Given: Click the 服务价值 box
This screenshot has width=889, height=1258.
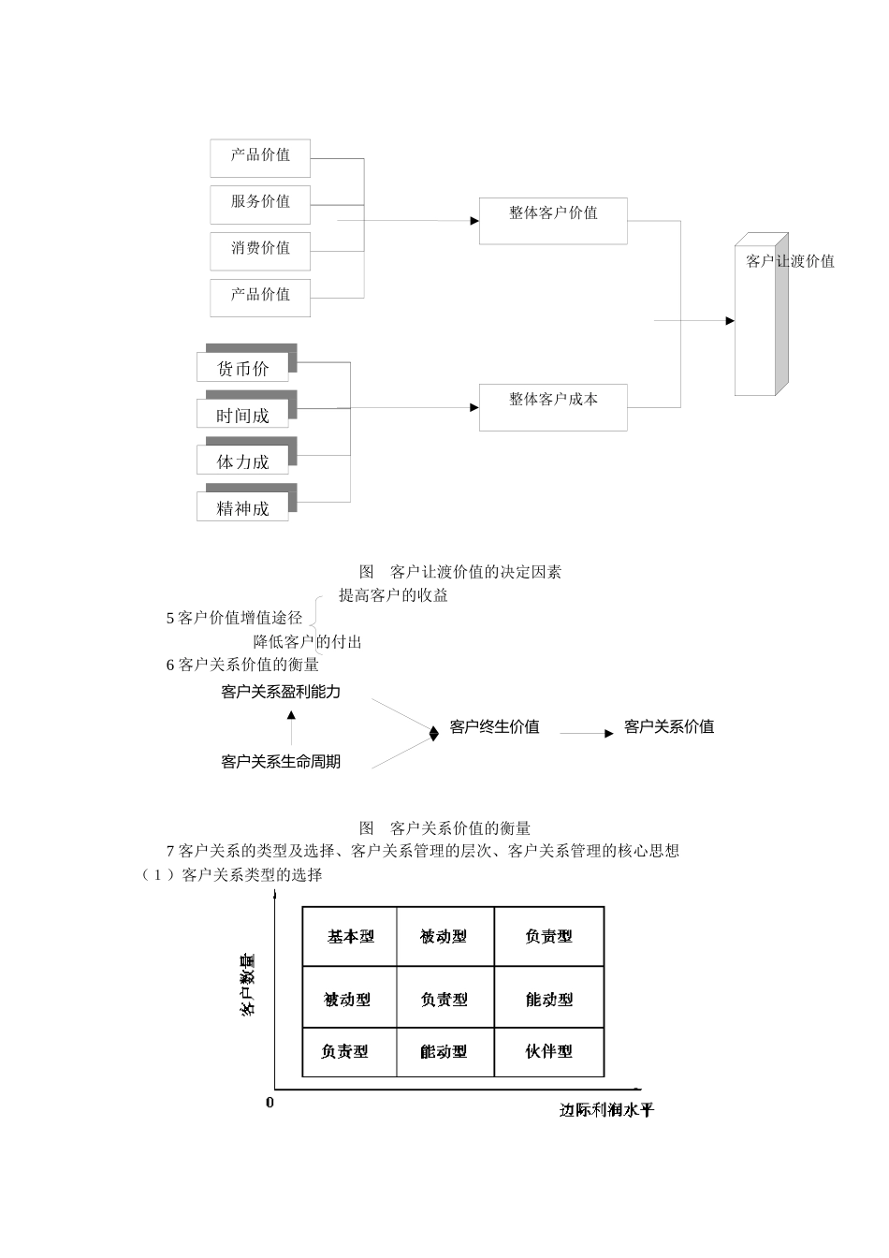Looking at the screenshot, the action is [x=260, y=202].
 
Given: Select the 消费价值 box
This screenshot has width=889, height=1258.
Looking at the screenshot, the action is [x=260, y=249].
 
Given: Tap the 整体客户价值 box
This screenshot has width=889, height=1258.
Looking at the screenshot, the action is [x=553, y=221].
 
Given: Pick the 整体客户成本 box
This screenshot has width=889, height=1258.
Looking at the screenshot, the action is [x=553, y=407].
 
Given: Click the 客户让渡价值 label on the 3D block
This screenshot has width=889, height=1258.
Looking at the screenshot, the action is [x=789, y=261].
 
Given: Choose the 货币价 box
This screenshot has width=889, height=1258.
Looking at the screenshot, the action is [x=243, y=368].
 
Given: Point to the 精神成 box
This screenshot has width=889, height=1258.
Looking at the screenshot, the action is [x=243, y=507].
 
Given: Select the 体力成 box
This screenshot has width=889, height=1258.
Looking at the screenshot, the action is [x=243, y=461].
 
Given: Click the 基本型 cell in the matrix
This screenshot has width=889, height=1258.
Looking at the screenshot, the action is [x=350, y=937].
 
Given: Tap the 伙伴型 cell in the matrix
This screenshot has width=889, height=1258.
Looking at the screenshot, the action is [x=548, y=1051].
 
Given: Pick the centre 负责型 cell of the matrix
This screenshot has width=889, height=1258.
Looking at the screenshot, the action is [x=444, y=1000].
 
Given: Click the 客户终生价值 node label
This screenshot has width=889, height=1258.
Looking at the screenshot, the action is [x=494, y=727].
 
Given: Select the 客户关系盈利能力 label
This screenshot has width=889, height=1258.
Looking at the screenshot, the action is [x=281, y=693].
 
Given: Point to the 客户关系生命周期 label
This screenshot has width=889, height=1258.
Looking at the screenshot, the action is [x=281, y=762].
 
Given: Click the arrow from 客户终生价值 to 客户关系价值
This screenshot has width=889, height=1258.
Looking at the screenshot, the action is [x=587, y=733].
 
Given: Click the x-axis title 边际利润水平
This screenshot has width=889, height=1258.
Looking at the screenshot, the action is [x=606, y=1110].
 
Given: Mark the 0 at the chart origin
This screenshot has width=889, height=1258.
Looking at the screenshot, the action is [x=270, y=1103].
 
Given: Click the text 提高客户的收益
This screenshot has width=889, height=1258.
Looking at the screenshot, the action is [x=393, y=595].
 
